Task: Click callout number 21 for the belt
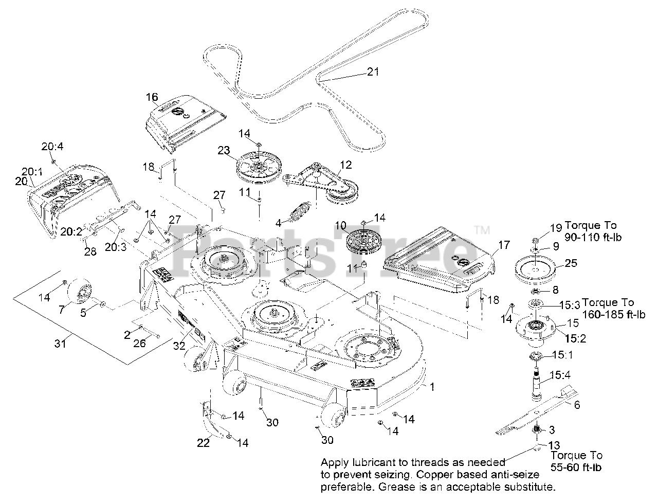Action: pos(373,71)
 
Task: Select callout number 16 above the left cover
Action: pos(152,97)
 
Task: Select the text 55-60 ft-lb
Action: pos(576,467)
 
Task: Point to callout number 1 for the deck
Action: pos(432,387)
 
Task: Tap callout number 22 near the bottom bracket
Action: pos(204,442)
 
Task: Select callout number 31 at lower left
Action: pos(61,343)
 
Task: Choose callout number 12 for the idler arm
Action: pos(346,165)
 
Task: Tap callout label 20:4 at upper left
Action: pos(51,147)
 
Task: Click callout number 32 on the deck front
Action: pos(178,346)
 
